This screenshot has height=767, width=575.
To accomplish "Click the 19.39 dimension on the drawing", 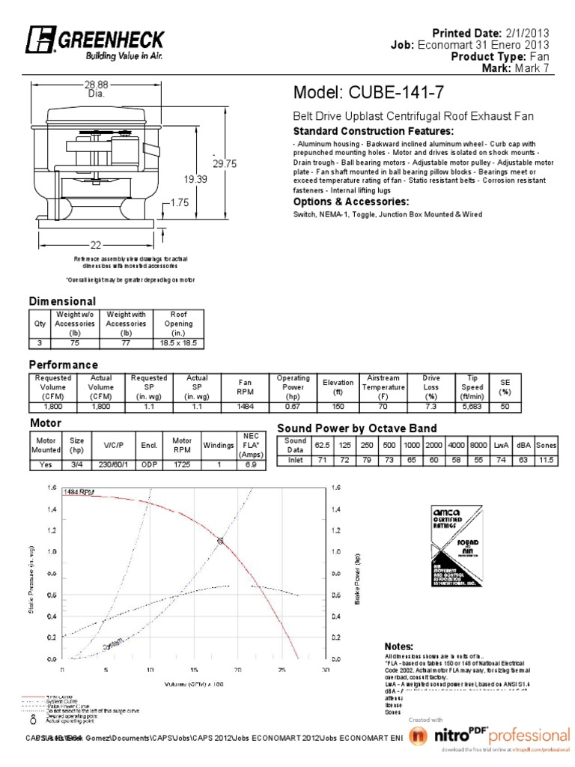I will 196,179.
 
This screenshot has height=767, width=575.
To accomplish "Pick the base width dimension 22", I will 96,245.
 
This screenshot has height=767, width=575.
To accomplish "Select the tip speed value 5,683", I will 472,406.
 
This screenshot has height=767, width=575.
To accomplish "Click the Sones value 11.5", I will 546,458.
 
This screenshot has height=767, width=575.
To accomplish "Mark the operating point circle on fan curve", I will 219,540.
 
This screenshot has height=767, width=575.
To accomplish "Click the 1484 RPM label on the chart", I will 79,492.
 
